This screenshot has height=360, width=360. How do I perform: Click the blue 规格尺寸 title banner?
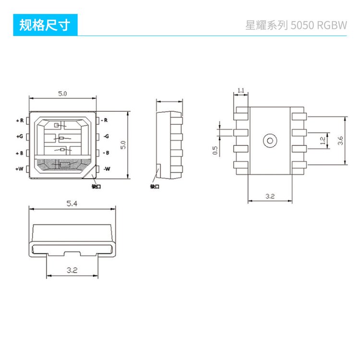click(x=45, y=25)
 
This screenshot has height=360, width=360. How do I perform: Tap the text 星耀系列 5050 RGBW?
click(x=296, y=25)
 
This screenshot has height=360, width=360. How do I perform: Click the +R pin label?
click(x=20, y=120)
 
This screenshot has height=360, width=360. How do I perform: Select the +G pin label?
click(x=20, y=136)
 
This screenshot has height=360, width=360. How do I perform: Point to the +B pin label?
click(x=20, y=153)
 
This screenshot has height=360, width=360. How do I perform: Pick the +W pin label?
click(x=19, y=169)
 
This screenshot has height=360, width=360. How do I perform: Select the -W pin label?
click(x=107, y=169)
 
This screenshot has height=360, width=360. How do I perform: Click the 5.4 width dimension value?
click(x=72, y=204)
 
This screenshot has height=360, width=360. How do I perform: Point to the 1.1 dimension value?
click(x=241, y=90)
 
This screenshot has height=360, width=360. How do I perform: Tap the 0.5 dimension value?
click(x=216, y=150)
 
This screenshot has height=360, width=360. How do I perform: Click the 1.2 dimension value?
click(x=323, y=141)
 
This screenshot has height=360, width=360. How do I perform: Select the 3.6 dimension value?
click(x=340, y=141)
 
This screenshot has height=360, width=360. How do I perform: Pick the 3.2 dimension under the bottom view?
click(x=270, y=196)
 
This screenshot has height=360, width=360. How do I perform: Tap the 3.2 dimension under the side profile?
click(x=72, y=271)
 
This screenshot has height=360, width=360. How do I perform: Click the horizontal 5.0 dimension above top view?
click(x=62, y=93)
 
